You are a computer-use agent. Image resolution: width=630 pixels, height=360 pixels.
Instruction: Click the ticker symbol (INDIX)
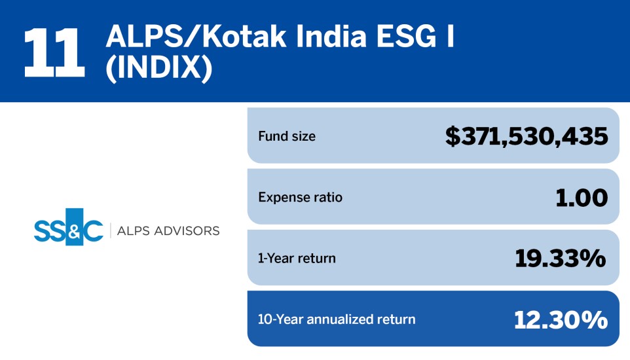click(x=159, y=69)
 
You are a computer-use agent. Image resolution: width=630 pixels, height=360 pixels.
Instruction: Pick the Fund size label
click(x=287, y=137)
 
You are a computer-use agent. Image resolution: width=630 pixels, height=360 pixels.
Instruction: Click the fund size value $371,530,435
click(x=527, y=136)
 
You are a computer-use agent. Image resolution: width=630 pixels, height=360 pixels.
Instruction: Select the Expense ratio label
click(x=300, y=197)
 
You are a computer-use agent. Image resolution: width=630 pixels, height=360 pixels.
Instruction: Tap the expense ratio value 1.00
click(x=582, y=198)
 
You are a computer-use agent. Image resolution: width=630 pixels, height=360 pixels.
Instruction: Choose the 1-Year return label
click(x=297, y=258)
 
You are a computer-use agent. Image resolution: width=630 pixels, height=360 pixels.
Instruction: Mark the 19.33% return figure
click(x=561, y=259)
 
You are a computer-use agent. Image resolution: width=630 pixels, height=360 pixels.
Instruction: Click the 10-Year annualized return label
click(x=337, y=319)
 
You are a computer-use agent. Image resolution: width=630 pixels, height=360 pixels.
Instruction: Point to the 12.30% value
click(x=561, y=319)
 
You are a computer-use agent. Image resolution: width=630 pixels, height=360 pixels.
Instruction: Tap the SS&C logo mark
click(x=69, y=227)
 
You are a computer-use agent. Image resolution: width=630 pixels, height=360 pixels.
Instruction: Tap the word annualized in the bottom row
click(x=341, y=319)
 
